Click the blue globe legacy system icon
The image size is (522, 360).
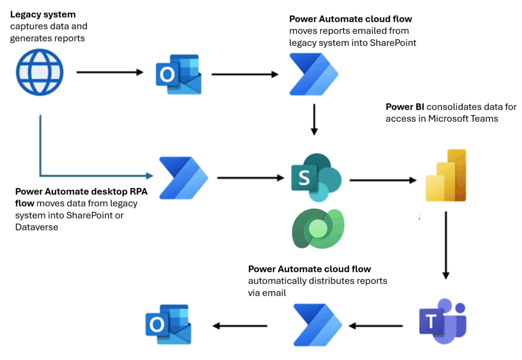pyautogui.click(x=40, y=73)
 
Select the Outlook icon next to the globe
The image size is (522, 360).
pyautogui.click(x=178, y=74)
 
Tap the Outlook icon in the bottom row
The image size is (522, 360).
pyautogui.click(x=168, y=325)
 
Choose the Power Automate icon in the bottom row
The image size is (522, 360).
pyautogui.click(x=318, y=325)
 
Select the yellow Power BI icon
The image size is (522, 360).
pyautogui.click(x=446, y=176)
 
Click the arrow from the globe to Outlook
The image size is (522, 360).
pyautogui.click(x=110, y=73)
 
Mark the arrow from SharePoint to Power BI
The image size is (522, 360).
pyautogui.click(x=382, y=180)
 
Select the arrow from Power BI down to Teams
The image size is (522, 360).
pyautogui.click(x=446, y=245)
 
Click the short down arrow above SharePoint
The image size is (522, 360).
pyautogui.click(x=314, y=119)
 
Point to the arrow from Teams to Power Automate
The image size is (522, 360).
pyautogui.click(x=376, y=325)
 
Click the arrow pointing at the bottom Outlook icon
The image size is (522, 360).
pyautogui.click(x=240, y=325)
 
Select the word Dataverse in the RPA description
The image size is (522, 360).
pyautogui.click(x=37, y=227)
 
